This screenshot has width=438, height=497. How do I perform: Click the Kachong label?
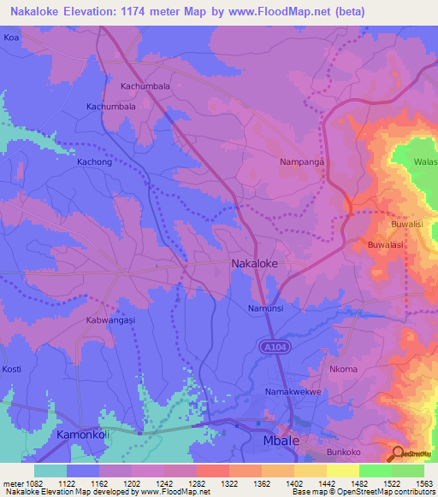[95, 161]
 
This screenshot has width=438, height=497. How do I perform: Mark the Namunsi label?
[265, 307]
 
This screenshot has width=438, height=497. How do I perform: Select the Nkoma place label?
[343, 370]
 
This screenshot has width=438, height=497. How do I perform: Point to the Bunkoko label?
[345, 453]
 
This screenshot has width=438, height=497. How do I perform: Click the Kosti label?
[12, 368]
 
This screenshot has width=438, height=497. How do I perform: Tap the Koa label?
[11, 38]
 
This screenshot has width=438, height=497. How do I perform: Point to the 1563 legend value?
[422, 482]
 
